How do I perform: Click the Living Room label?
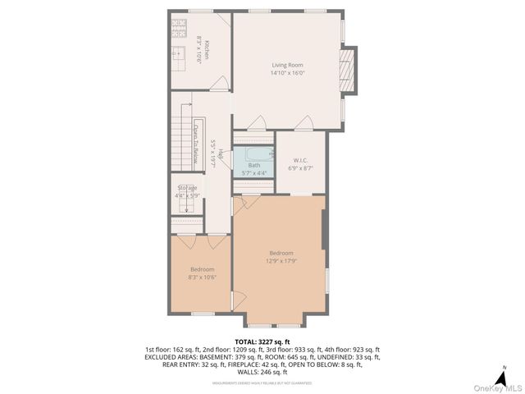287,64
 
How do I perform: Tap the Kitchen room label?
208,49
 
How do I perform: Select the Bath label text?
254,165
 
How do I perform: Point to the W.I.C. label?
300,159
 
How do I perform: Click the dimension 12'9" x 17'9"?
281,261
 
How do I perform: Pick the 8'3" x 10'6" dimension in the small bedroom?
202,277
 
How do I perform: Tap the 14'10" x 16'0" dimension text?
287,73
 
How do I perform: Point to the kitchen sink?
178,56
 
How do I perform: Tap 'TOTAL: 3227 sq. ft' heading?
262,341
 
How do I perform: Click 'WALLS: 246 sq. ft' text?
262,373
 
